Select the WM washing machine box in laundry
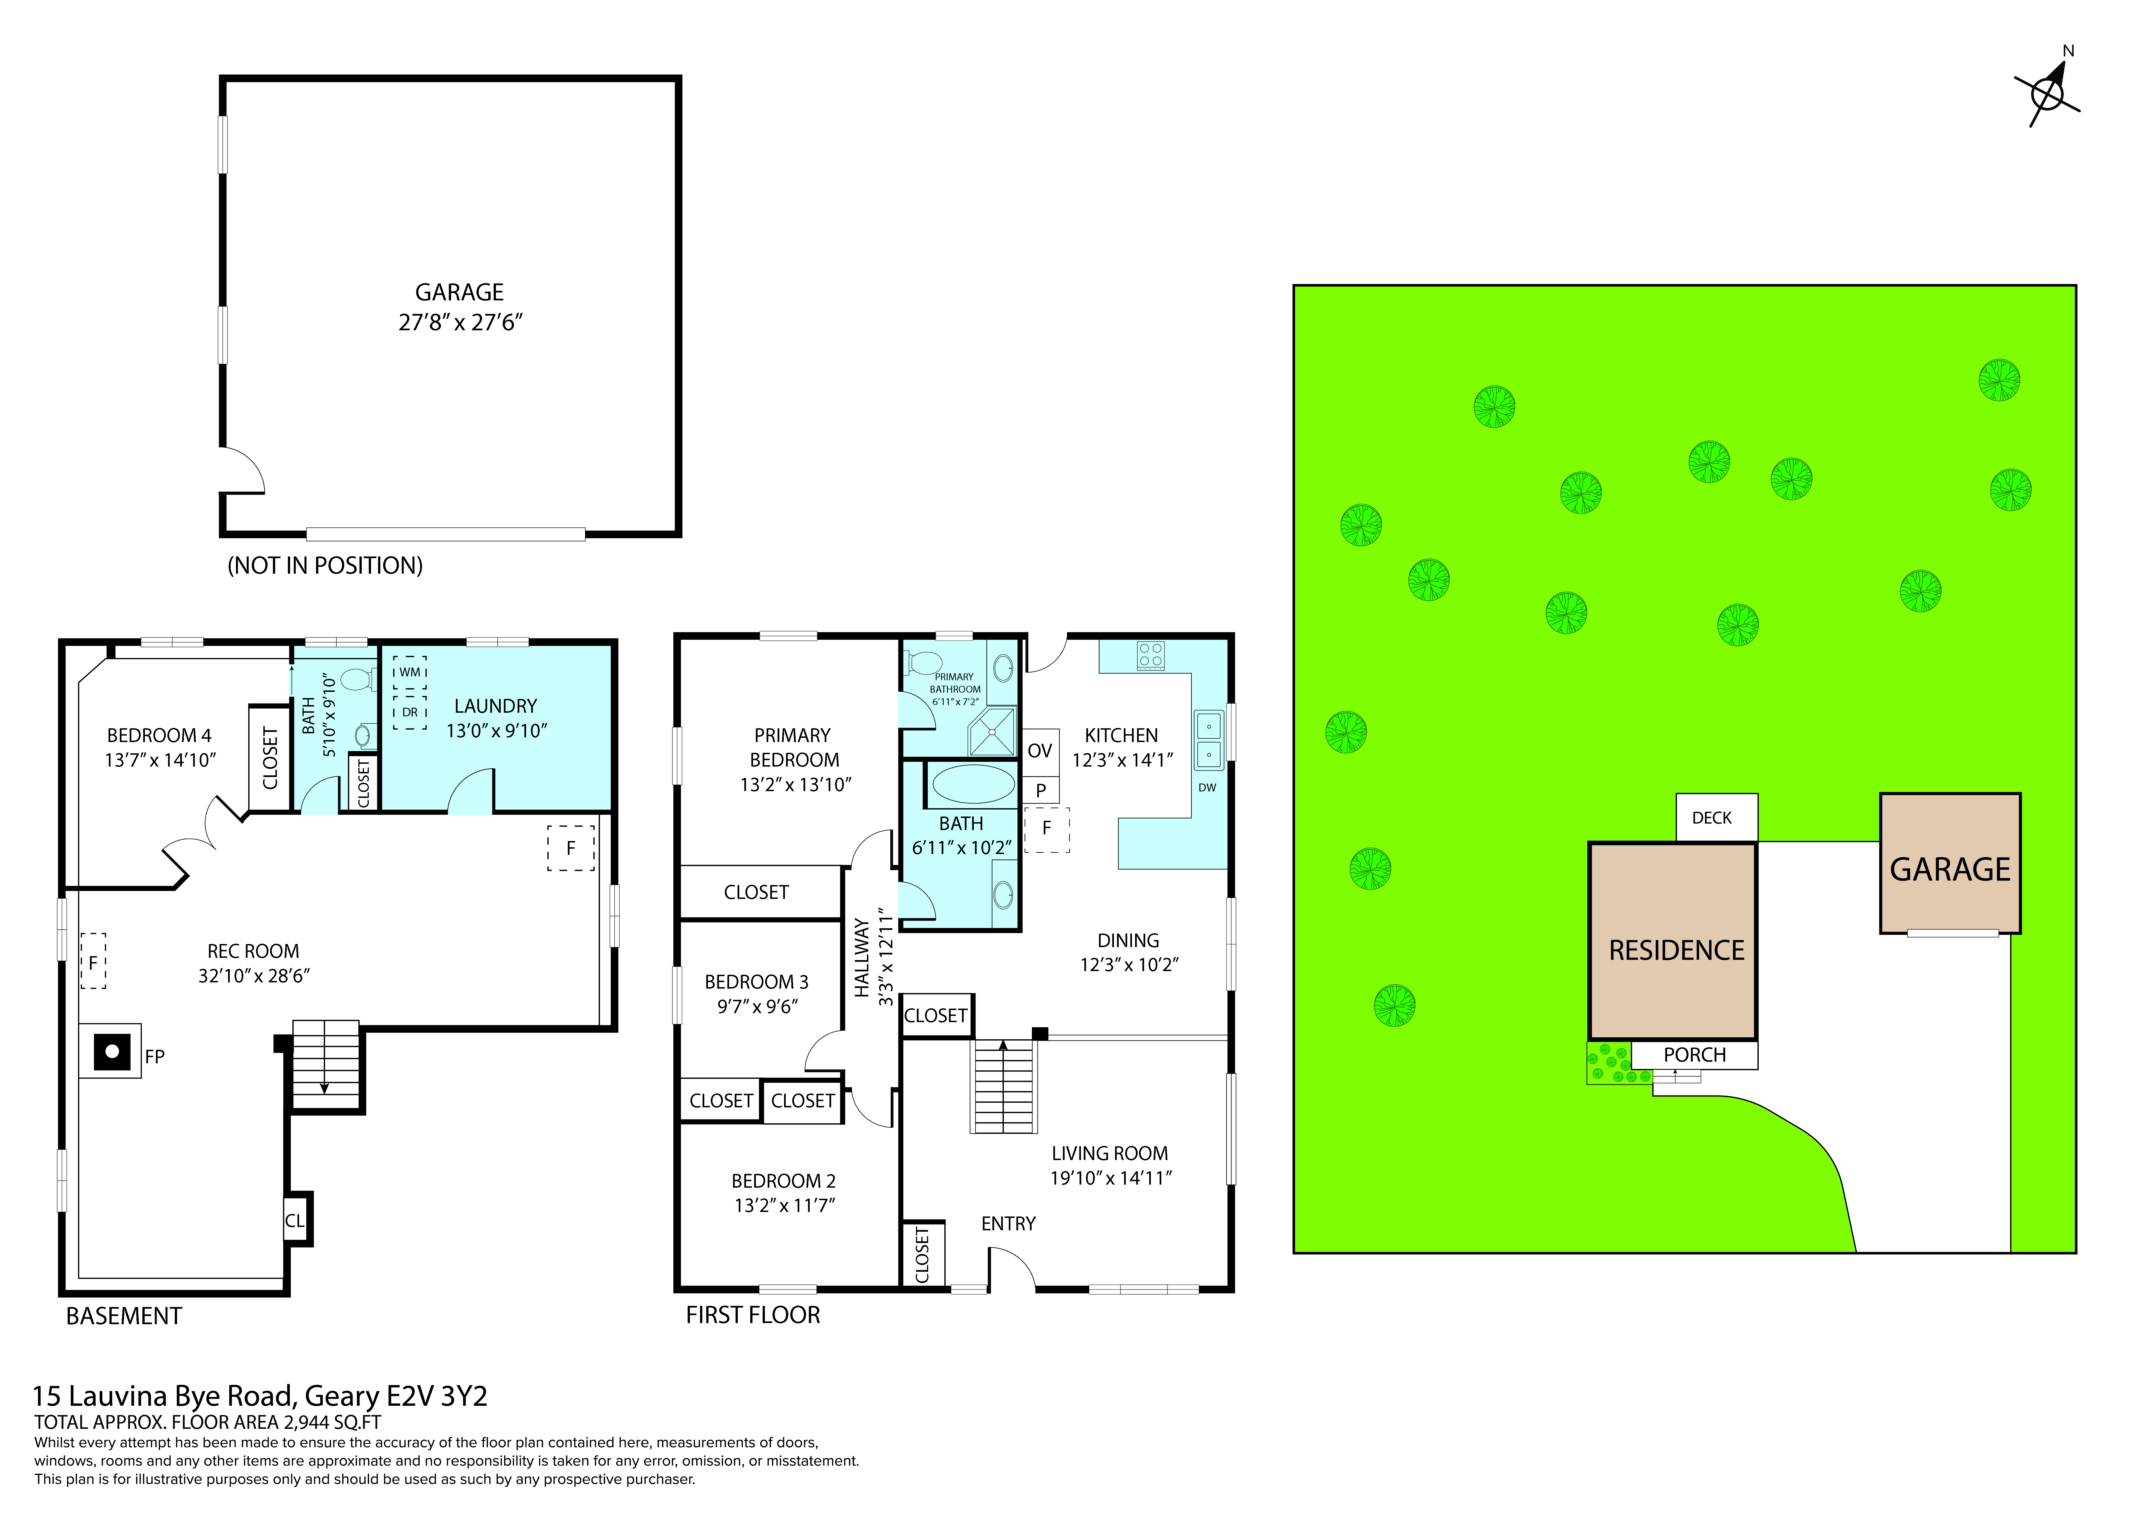[x=410, y=672]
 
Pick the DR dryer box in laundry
[x=410, y=712]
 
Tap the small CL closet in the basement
[x=295, y=1220]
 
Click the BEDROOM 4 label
[x=159, y=736]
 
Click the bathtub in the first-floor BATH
[x=973, y=785]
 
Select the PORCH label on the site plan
[x=1694, y=1055]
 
